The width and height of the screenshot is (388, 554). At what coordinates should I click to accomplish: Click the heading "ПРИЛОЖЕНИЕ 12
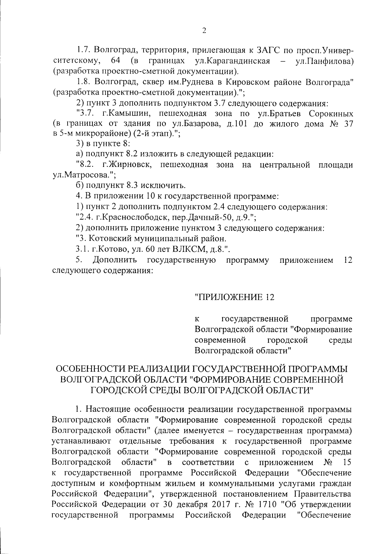pos(234,297)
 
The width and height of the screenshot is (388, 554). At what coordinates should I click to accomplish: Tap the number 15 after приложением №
pos(347,462)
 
